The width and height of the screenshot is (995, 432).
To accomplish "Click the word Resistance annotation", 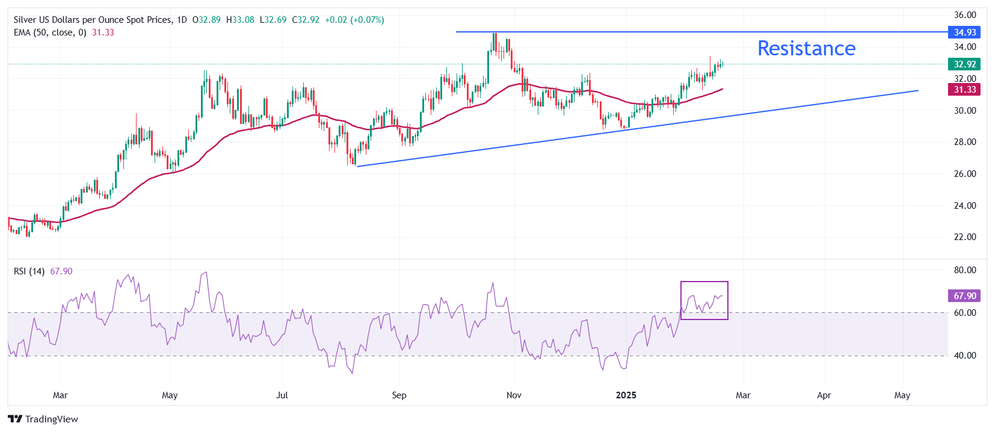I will [806, 48].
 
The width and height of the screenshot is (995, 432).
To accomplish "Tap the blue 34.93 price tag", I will [964, 32].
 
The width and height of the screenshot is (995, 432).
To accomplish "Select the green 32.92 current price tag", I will [964, 64].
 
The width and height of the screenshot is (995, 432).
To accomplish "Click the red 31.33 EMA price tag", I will [964, 89].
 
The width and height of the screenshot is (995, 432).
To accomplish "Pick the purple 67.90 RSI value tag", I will [964, 295].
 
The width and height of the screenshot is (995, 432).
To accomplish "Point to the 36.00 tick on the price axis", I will [965, 15].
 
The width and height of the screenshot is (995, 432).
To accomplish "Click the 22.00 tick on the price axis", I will [965, 237].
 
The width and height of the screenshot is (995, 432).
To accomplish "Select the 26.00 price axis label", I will [965, 174].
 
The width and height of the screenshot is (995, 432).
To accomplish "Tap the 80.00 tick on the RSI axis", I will [965, 270].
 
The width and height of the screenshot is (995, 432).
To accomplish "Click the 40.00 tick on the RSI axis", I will [965, 356].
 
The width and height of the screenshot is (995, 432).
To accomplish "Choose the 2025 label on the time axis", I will [626, 395].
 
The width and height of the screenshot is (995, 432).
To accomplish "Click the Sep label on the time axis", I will [399, 395].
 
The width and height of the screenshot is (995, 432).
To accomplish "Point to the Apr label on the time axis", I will [824, 395].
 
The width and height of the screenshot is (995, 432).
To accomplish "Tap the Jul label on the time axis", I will [282, 395].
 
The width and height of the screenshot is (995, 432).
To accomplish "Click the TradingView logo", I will [43, 419].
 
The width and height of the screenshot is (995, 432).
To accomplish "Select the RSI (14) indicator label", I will [29, 271].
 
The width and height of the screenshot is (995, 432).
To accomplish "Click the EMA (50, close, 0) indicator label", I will [50, 32].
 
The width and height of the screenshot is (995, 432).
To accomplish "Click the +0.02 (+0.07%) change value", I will [354, 20].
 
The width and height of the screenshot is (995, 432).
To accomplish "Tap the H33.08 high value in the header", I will [240, 20].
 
